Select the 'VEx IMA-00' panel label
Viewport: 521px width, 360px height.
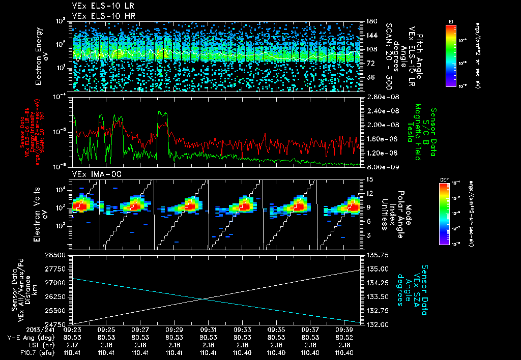click(x=90, y=174)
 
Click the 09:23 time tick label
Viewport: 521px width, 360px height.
click(x=71, y=329)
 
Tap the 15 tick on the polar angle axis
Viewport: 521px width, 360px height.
click(x=369, y=179)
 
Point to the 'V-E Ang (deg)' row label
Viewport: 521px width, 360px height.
click(x=28, y=337)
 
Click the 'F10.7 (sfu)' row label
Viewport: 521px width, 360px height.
click(x=28, y=352)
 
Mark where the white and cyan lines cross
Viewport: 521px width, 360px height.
click(x=204, y=299)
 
